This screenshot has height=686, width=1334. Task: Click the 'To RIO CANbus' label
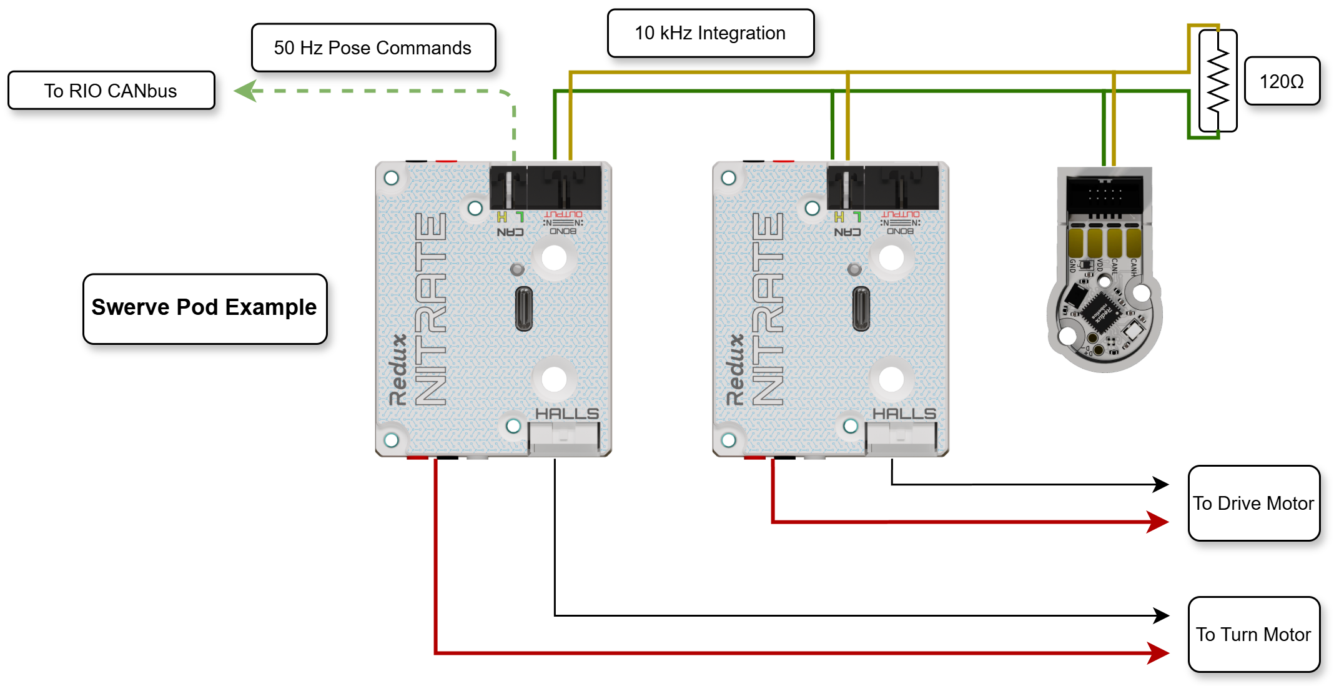tap(111, 91)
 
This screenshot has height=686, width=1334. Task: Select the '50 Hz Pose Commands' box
tap(373, 48)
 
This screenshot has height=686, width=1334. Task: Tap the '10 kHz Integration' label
tap(710, 33)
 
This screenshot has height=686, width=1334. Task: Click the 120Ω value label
tap(1282, 81)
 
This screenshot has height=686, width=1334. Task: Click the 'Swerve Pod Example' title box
tap(204, 308)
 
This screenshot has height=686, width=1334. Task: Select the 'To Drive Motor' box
tap(1253, 503)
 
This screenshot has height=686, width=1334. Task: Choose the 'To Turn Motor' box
tap(1253, 634)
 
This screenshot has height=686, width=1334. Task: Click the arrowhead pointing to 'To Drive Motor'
tap(1159, 521)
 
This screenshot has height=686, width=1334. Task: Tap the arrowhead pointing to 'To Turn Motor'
tap(1159, 653)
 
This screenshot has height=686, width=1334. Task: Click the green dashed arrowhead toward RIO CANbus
tap(245, 91)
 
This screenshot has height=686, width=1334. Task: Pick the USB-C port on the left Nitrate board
tap(523, 309)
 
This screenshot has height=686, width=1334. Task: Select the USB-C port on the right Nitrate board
tap(861, 309)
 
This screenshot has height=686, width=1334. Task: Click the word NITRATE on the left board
tap(431, 309)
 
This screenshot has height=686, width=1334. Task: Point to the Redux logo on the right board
tap(735, 370)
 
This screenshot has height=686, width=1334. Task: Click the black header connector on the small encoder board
tap(1105, 194)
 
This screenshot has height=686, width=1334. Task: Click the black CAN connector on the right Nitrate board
tap(845, 187)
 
